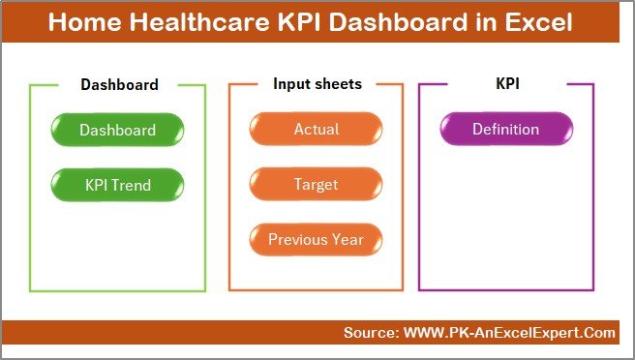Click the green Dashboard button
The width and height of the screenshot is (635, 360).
point(117,130)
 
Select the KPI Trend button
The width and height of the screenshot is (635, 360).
point(117,184)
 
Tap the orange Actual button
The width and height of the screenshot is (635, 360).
point(317,130)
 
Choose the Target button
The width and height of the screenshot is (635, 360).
point(317,184)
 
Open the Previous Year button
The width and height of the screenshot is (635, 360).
point(317,239)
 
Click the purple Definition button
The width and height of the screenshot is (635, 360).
point(505,130)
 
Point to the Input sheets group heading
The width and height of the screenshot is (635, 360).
point(317,84)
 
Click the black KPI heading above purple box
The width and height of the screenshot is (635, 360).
point(507,84)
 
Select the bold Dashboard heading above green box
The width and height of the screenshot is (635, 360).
point(119,84)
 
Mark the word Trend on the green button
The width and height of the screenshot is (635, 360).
point(134,184)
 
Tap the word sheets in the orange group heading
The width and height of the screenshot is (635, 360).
point(336,84)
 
